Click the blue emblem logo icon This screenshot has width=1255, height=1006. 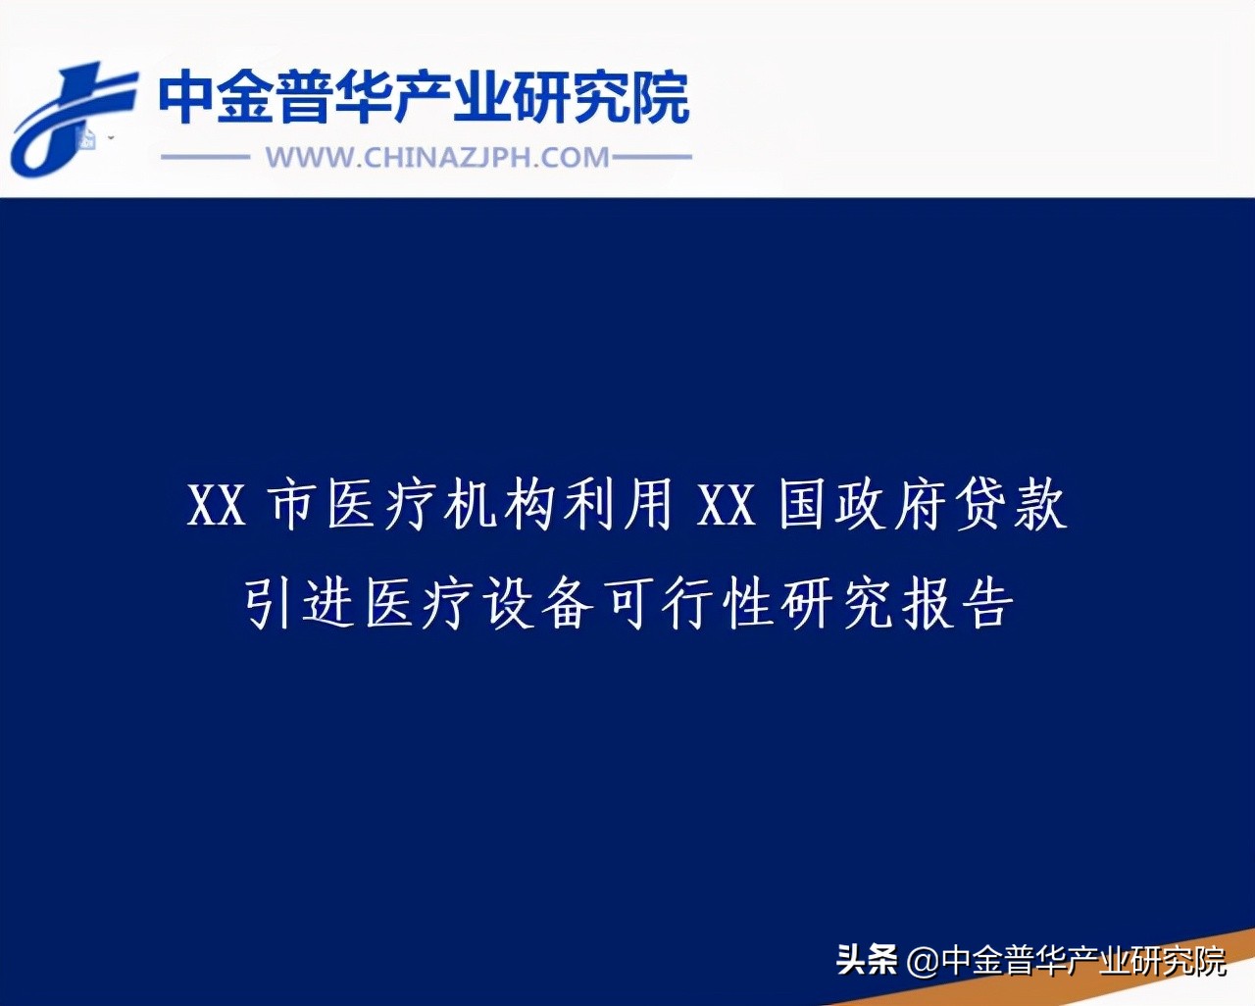(x=71, y=118)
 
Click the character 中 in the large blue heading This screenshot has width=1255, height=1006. (x=186, y=98)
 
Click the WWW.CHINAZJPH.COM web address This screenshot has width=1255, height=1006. (x=437, y=158)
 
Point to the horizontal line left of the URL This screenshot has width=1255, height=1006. (x=206, y=157)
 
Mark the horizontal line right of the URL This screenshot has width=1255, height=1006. (x=652, y=157)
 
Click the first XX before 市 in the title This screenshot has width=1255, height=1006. (x=216, y=506)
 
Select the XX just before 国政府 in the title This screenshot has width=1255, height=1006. (x=727, y=506)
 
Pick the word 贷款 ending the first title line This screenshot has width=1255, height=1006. (x=1011, y=506)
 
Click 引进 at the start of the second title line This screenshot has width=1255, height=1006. (x=298, y=602)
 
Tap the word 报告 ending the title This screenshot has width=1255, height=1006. (x=957, y=602)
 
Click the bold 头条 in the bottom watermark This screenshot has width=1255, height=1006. (x=867, y=960)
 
